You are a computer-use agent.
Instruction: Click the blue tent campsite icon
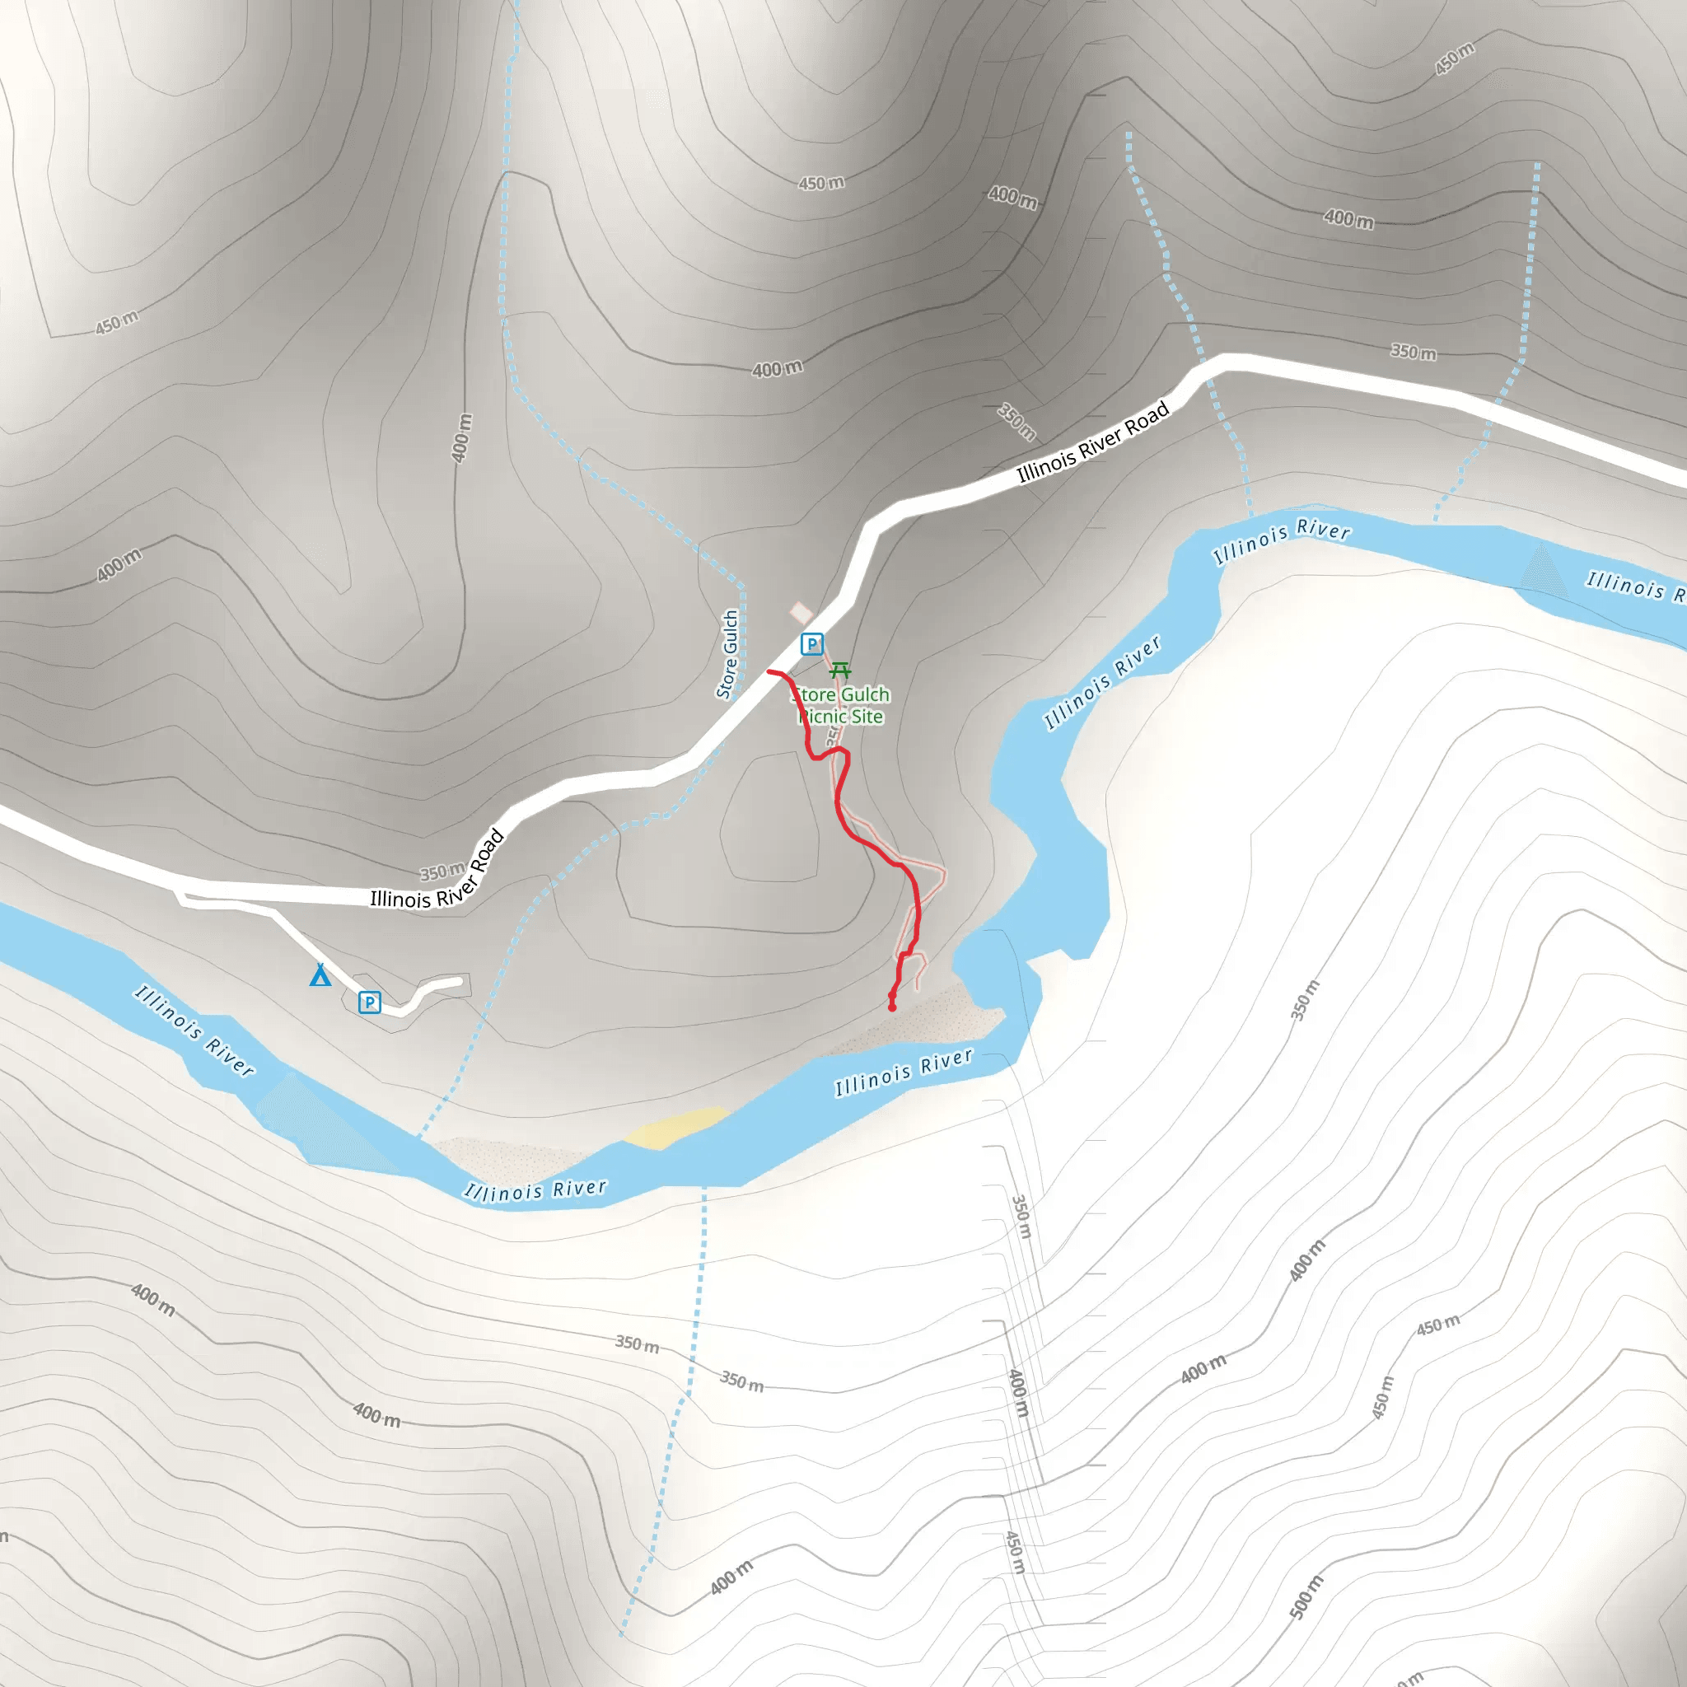(x=320, y=975)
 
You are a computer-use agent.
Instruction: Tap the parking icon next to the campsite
(x=369, y=1002)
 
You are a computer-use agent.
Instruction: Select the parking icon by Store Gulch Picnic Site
(x=812, y=644)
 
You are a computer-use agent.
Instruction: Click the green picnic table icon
(x=840, y=670)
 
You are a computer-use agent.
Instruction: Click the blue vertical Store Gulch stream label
(x=727, y=654)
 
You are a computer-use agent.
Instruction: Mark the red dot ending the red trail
(x=891, y=1007)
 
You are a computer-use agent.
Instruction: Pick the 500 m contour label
(x=1306, y=1596)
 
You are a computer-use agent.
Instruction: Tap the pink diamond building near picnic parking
(x=801, y=612)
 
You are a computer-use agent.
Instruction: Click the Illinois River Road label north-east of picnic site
(x=1092, y=441)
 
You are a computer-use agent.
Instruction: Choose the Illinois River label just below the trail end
(x=903, y=1072)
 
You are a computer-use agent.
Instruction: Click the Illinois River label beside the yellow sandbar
(x=535, y=1191)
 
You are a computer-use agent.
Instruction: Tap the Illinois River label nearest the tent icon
(x=194, y=1030)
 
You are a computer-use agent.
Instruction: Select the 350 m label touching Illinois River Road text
(x=441, y=872)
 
